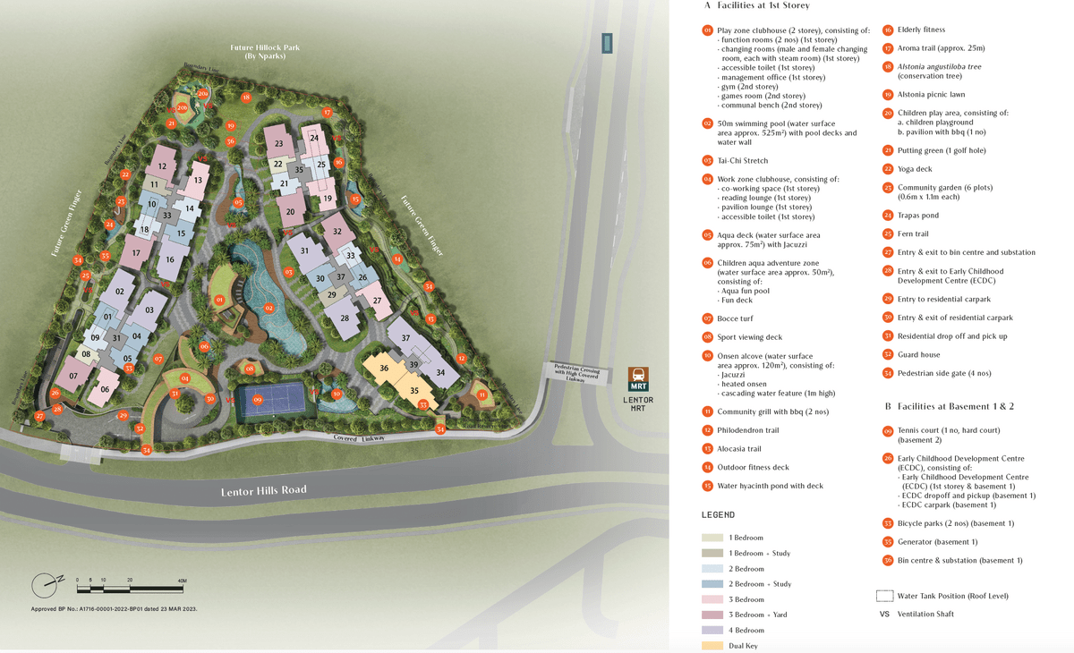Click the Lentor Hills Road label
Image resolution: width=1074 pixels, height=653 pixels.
pos(263,490)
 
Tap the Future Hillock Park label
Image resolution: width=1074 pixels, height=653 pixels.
pos(264,51)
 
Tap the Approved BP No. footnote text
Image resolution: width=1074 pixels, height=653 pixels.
pos(114,608)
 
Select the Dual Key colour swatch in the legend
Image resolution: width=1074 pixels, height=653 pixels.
pos(712,644)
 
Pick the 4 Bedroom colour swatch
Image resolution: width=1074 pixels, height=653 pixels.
pos(712,630)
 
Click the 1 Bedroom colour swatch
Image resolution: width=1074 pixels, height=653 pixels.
pos(712,538)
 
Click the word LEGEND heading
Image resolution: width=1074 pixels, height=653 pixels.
pos(718,515)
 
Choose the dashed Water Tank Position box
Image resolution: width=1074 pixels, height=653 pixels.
pos(883,596)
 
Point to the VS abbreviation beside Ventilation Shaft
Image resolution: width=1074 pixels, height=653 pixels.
pos(884,615)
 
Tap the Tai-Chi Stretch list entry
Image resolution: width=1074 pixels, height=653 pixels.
pos(743,160)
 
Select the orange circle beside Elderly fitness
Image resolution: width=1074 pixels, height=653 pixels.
pos(888,30)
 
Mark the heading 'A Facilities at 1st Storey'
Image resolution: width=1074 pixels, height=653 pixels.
pos(756,6)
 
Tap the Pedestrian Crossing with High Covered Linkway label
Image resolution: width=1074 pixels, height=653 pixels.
pos(575,372)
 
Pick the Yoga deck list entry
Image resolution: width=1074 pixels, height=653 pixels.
pos(915,169)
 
